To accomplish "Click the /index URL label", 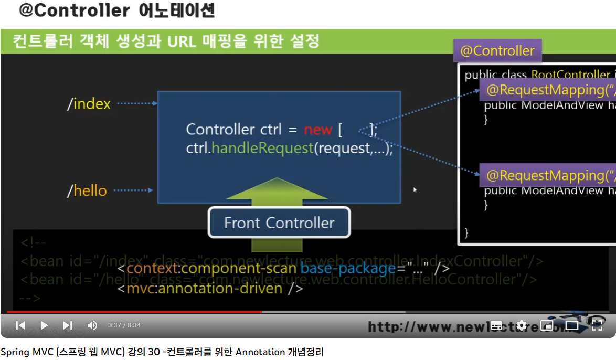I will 89,104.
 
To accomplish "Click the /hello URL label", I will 87,190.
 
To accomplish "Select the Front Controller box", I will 279,223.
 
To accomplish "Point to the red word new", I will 317,130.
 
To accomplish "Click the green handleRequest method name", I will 262,148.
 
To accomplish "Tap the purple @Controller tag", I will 497,51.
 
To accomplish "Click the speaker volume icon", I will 92,325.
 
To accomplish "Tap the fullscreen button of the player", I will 597,325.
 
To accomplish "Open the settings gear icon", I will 522,325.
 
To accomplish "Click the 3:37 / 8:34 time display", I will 124,325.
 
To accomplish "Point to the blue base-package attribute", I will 348,269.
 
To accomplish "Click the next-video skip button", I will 68,325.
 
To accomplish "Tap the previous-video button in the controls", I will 20,325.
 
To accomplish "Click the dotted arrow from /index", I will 136,103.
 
